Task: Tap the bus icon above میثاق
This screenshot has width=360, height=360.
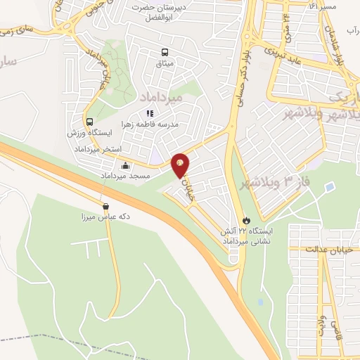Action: click(x=165, y=52)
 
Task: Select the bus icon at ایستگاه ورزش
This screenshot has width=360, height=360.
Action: click(x=89, y=120)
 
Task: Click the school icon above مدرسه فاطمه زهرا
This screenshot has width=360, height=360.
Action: click(x=149, y=112)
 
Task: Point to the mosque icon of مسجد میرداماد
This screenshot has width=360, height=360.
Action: click(x=125, y=166)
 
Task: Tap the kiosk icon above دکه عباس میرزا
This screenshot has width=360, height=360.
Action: click(x=105, y=207)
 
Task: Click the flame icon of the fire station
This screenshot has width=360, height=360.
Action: click(x=245, y=219)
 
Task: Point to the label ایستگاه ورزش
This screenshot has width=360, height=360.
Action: click(x=89, y=132)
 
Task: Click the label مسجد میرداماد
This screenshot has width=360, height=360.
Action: click(x=129, y=175)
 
